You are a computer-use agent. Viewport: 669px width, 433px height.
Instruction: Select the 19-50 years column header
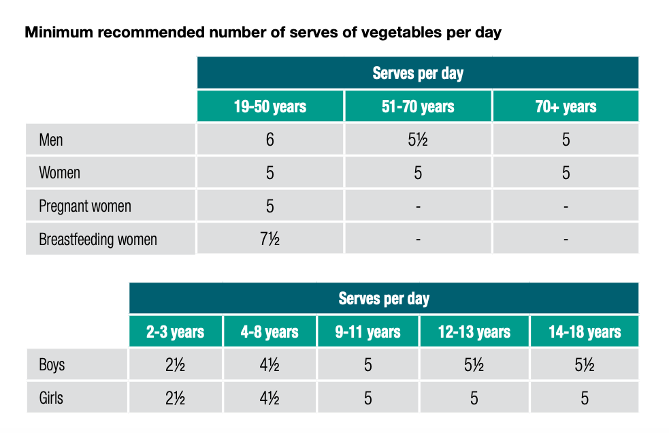[x=270, y=107]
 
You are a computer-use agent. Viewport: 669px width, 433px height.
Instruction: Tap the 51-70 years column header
[x=418, y=107]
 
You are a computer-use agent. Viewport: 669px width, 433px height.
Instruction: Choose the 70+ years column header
[x=566, y=107]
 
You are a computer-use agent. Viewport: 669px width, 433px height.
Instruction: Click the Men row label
[x=51, y=140]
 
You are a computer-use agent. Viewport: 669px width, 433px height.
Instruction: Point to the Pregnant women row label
[x=85, y=206]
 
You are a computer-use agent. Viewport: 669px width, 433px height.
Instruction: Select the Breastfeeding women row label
[x=98, y=240]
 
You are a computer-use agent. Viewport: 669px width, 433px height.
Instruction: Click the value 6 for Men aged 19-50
[x=270, y=140]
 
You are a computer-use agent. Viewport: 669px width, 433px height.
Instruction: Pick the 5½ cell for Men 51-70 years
[x=418, y=140]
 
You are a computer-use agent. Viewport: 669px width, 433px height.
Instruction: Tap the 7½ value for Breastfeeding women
[x=270, y=240]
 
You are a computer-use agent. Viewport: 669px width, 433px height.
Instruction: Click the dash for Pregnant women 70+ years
[x=566, y=206]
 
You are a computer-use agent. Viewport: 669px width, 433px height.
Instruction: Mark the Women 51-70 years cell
[x=418, y=173]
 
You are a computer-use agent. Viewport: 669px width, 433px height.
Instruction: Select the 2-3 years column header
[x=176, y=332]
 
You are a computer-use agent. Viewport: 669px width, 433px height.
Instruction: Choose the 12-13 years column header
[x=474, y=332]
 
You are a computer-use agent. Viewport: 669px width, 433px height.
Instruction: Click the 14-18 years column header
[x=585, y=332]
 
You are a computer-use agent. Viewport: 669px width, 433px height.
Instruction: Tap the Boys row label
[x=52, y=365]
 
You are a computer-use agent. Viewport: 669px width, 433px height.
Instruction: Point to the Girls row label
[x=51, y=398]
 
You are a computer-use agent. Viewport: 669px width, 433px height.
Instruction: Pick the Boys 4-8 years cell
[x=270, y=365]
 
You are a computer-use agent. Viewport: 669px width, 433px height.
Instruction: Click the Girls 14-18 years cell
[x=585, y=398]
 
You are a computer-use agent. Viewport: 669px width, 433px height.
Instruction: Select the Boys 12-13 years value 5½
[x=474, y=365]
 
